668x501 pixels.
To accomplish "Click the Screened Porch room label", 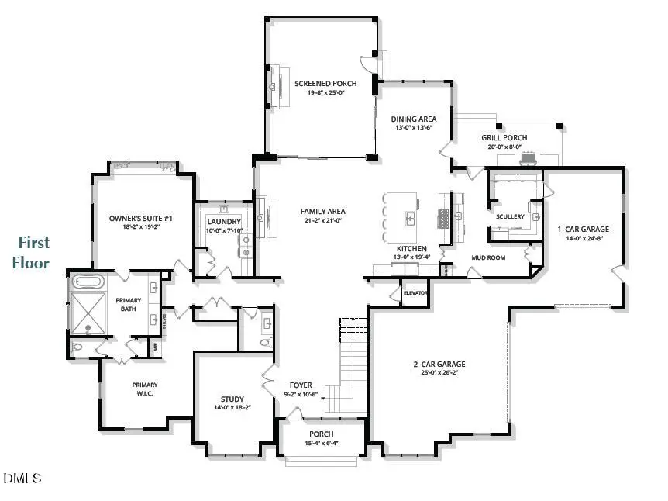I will [x=325, y=84].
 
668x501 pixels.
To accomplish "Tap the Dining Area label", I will [x=413, y=119].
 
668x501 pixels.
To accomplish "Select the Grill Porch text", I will [x=504, y=138].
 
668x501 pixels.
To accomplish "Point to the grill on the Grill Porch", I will [x=529, y=159].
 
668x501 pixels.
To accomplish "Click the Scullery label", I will [x=511, y=216].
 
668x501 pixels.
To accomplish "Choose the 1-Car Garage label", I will [x=583, y=229].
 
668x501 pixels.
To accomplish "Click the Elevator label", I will [x=415, y=293].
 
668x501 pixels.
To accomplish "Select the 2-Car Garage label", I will [x=439, y=364].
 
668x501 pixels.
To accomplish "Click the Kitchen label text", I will [x=412, y=250].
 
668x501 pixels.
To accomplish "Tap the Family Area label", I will [x=322, y=211].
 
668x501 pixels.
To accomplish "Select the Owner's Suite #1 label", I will [x=140, y=219].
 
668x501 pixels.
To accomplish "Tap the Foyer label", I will [x=301, y=385].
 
